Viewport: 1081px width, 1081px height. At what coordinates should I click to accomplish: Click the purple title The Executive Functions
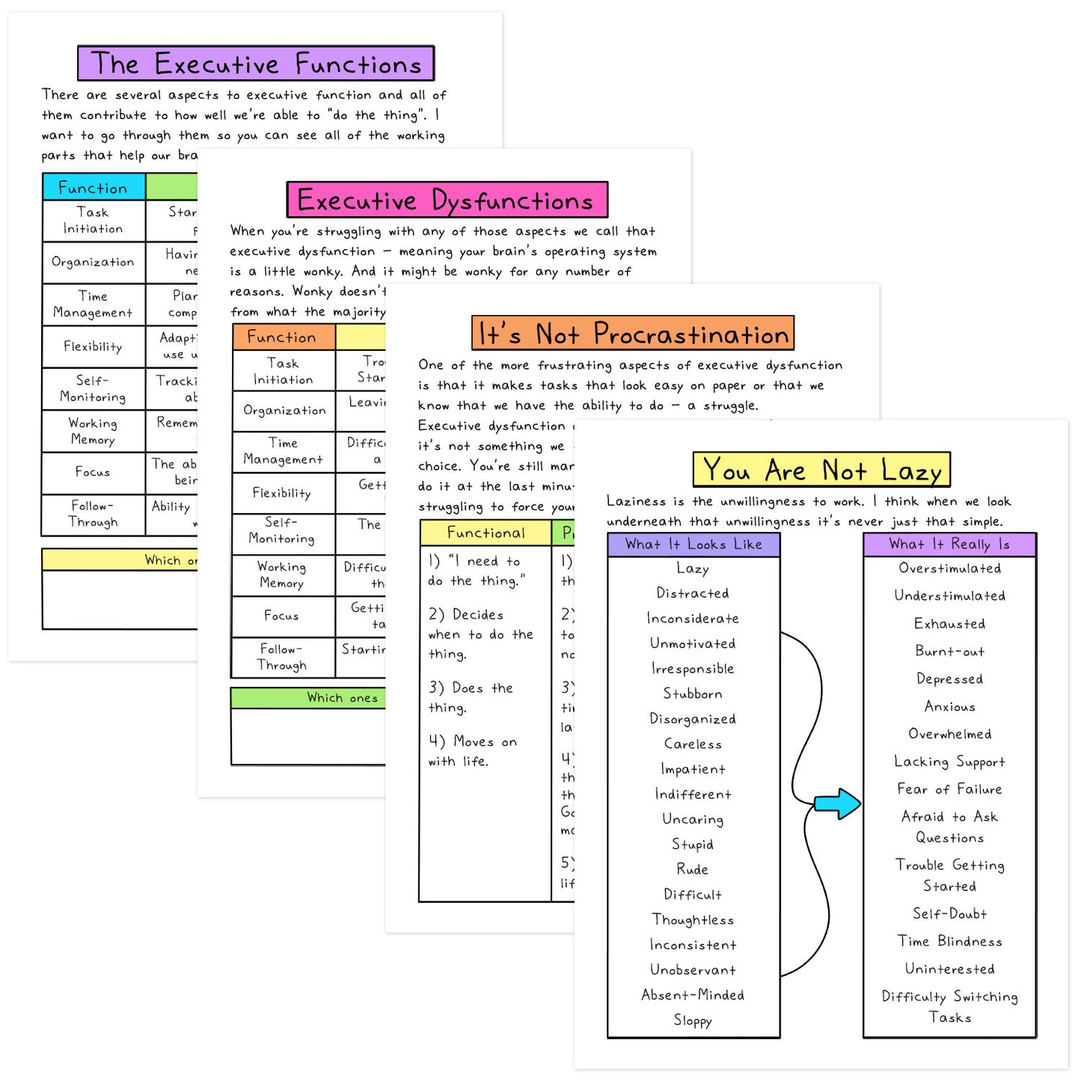(x=256, y=64)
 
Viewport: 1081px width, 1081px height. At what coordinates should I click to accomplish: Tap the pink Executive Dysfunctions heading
(x=447, y=200)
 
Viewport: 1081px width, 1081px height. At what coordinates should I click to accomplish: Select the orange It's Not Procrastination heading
(x=633, y=334)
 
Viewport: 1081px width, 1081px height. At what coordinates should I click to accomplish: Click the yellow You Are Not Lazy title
(x=821, y=470)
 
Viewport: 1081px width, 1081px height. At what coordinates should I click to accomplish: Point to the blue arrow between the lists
(x=836, y=804)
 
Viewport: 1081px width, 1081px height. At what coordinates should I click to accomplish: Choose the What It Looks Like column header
(x=693, y=545)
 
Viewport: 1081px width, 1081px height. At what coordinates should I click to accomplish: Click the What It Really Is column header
(x=949, y=545)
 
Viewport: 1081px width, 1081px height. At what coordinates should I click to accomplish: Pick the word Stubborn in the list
(x=693, y=693)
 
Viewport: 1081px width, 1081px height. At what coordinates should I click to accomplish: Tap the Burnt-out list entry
(x=949, y=651)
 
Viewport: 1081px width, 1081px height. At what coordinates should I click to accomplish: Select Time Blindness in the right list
(x=949, y=941)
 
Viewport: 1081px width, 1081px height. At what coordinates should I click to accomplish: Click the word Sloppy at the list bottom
(x=693, y=1020)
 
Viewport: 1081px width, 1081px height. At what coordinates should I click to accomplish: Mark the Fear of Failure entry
(x=949, y=789)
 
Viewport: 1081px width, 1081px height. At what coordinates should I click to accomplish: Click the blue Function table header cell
(x=94, y=187)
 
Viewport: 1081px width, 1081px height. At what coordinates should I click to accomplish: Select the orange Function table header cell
(x=283, y=337)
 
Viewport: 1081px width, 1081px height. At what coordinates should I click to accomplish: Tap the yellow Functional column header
(x=486, y=533)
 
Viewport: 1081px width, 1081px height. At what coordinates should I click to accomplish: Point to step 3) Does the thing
(x=470, y=697)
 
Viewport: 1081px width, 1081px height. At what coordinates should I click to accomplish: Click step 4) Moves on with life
(x=472, y=751)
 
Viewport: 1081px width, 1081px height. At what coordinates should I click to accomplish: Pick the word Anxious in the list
(x=949, y=706)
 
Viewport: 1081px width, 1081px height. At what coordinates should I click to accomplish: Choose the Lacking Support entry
(x=949, y=762)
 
